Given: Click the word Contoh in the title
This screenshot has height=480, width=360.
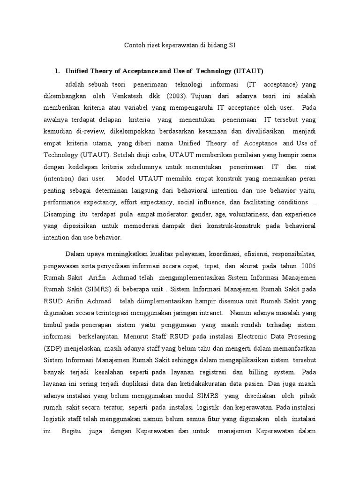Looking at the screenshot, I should (133, 45).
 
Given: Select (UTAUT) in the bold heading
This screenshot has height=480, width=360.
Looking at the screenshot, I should (248, 71).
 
